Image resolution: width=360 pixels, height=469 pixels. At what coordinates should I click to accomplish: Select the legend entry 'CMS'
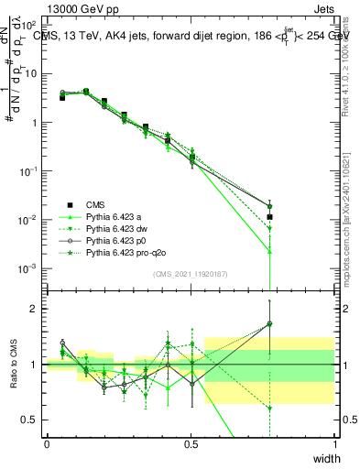[x=96, y=204]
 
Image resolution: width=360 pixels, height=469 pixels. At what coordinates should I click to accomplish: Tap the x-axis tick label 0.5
[x=191, y=444]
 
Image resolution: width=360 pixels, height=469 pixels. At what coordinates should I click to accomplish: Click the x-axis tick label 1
[x=335, y=444]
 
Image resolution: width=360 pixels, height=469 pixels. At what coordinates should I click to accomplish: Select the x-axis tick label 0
[x=47, y=444]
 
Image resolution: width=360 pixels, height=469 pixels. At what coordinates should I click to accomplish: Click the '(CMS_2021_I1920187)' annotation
[x=191, y=273]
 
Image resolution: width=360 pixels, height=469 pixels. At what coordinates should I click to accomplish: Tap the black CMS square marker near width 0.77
[x=269, y=217]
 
